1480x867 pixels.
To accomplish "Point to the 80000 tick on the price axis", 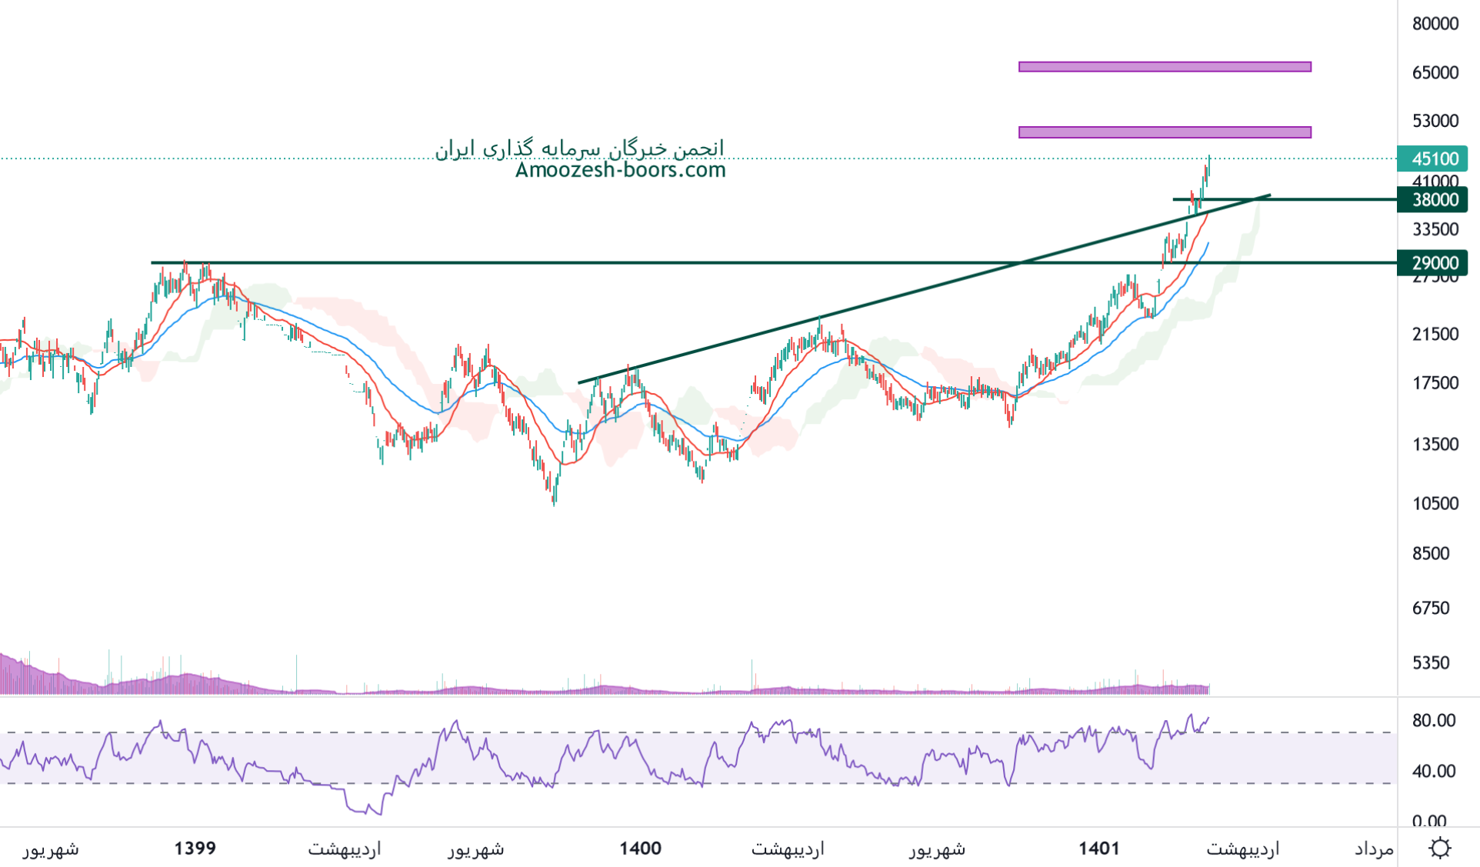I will click(1435, 24).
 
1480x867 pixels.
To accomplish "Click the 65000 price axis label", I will click(1435, 72).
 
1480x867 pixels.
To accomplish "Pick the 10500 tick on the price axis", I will click(1435, 503).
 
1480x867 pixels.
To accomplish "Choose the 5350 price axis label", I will click(1431, 662).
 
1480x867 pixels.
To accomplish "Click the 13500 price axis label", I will click(1435, 444).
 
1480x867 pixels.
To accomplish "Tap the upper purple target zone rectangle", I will click(1164, 67).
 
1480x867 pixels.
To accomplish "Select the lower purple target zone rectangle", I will click(1164, 132).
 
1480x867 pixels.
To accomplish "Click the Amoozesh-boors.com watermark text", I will click(620, 170).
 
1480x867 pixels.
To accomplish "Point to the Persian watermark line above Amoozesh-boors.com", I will click(579, 148).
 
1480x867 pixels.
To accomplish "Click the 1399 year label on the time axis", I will click(195, 849).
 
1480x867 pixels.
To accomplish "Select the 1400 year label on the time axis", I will click(640, 849).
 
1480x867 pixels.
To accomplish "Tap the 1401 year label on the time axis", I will click(1098, 849).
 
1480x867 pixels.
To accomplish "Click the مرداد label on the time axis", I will click(1374, 849).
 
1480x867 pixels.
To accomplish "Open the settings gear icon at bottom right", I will click(1439, 848).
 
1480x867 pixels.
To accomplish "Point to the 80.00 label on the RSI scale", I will click(1434, 720).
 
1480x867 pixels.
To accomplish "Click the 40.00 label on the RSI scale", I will click(1434, 771).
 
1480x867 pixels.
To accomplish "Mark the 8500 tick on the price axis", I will click(1431, 553).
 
